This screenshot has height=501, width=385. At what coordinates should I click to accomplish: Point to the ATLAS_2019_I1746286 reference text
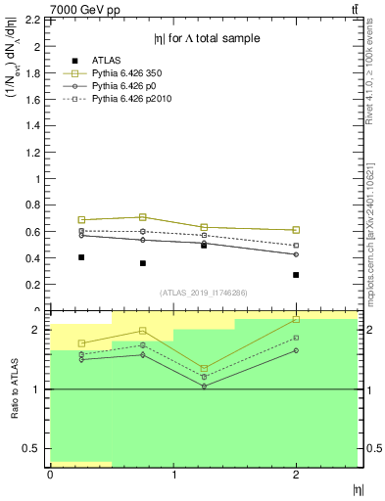[203, 293]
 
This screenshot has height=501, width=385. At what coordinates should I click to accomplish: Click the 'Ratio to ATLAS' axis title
[15, 388]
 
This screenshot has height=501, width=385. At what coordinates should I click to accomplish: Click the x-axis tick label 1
[172, 475]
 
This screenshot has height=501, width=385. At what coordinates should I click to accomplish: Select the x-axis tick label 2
[296, 475]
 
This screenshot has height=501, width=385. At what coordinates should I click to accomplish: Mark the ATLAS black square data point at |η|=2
[296, 275]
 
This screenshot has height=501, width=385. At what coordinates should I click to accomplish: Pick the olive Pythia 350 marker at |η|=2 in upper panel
[296, 230]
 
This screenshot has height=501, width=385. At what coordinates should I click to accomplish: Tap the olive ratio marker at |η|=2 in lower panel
[296, 319]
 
